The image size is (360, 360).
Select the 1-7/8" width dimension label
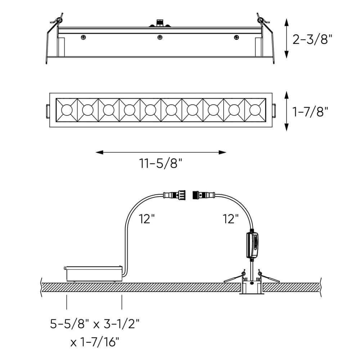coord(310,112)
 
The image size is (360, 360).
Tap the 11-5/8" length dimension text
coord(161,163)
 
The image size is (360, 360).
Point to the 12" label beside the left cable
coord(147,219)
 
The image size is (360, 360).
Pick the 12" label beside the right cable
coord(231,219)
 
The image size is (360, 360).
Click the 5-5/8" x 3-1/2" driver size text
coord(95,324)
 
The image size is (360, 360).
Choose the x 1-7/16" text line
coord(95,342)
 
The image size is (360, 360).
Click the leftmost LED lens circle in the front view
coord(67,110)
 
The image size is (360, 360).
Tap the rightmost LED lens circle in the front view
coord(255,110)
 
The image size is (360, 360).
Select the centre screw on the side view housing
coord(160,37)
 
